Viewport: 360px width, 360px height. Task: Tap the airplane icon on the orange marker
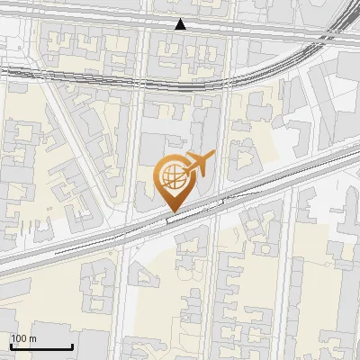[197, 164]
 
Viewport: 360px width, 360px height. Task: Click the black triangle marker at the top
[181, 24]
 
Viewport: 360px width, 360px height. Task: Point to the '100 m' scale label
[24, 338]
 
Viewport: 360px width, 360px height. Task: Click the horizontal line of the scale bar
[41, 346]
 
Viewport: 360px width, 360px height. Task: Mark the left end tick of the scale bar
[11, 345]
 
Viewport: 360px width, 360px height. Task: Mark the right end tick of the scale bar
[72, 345]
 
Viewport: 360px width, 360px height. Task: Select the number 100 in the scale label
[20, 338]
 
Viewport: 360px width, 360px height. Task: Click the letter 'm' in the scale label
[33, 338]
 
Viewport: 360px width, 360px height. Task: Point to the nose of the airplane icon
[212, 157]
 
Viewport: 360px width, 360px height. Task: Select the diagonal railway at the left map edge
[18, 256]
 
